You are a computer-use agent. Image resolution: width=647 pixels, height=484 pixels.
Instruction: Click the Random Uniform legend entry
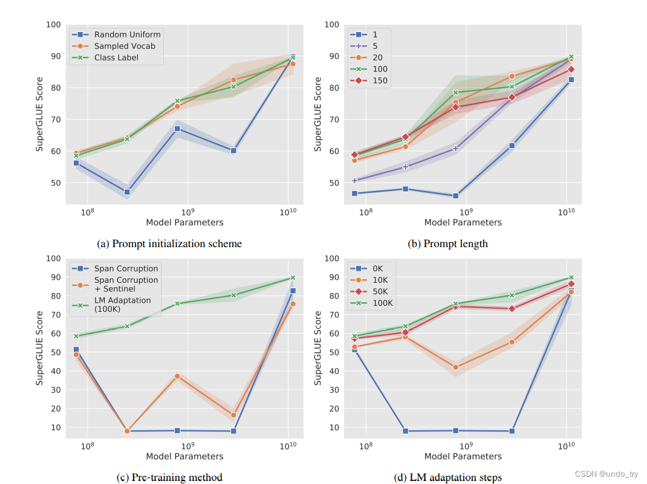(127, 34)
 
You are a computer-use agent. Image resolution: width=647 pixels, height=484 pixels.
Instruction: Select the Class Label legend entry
(116, 57)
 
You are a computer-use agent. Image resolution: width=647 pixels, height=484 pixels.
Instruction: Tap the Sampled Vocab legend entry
(125, 46)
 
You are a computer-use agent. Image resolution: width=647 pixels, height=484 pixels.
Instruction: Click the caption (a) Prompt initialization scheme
(169, 244)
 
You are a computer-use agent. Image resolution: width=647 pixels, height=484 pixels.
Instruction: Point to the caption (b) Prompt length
(448, 244)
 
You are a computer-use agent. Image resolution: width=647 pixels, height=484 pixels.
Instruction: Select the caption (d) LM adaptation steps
(448, 477)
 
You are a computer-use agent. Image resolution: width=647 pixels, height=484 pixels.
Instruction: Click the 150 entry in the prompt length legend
(380, 80)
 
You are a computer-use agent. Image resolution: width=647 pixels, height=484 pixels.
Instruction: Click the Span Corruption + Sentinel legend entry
(126, 285)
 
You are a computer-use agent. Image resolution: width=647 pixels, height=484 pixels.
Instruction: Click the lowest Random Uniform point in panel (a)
(127, 192)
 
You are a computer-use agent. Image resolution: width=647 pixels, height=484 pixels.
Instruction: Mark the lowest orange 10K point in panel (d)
(455, 367)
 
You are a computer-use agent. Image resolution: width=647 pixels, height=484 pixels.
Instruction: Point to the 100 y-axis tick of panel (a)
(53, 25)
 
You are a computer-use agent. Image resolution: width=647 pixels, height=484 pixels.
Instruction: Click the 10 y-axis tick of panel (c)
(56, 427)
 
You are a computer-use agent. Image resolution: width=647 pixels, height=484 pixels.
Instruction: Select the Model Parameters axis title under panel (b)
(463, 222)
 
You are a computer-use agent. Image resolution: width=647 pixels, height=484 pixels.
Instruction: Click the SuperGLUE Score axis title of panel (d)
(318, 347)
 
